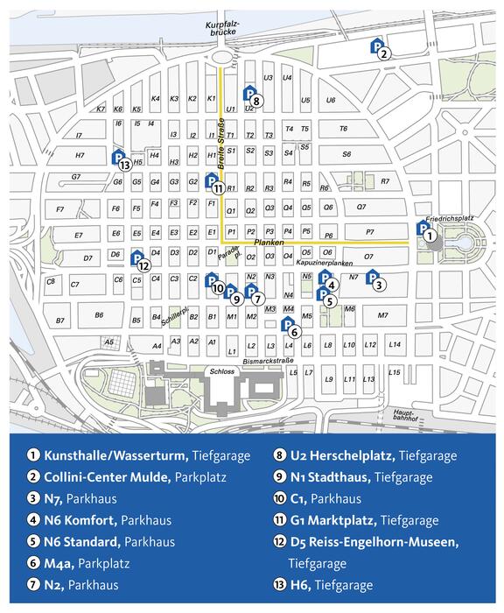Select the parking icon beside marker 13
pyautogui.click(x=118, y=157)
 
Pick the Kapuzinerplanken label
pyautogui.click(x=324, y=263)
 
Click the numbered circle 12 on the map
pyautogui.click(x=143, y=265)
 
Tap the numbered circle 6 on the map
pyautogui.click(x=294, y=332)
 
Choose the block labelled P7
pyautogui.click(x=369, y=232)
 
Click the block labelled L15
pyautogui.click(x=395, y=372)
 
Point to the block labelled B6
pyautogui.click(x=99, y=315)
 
